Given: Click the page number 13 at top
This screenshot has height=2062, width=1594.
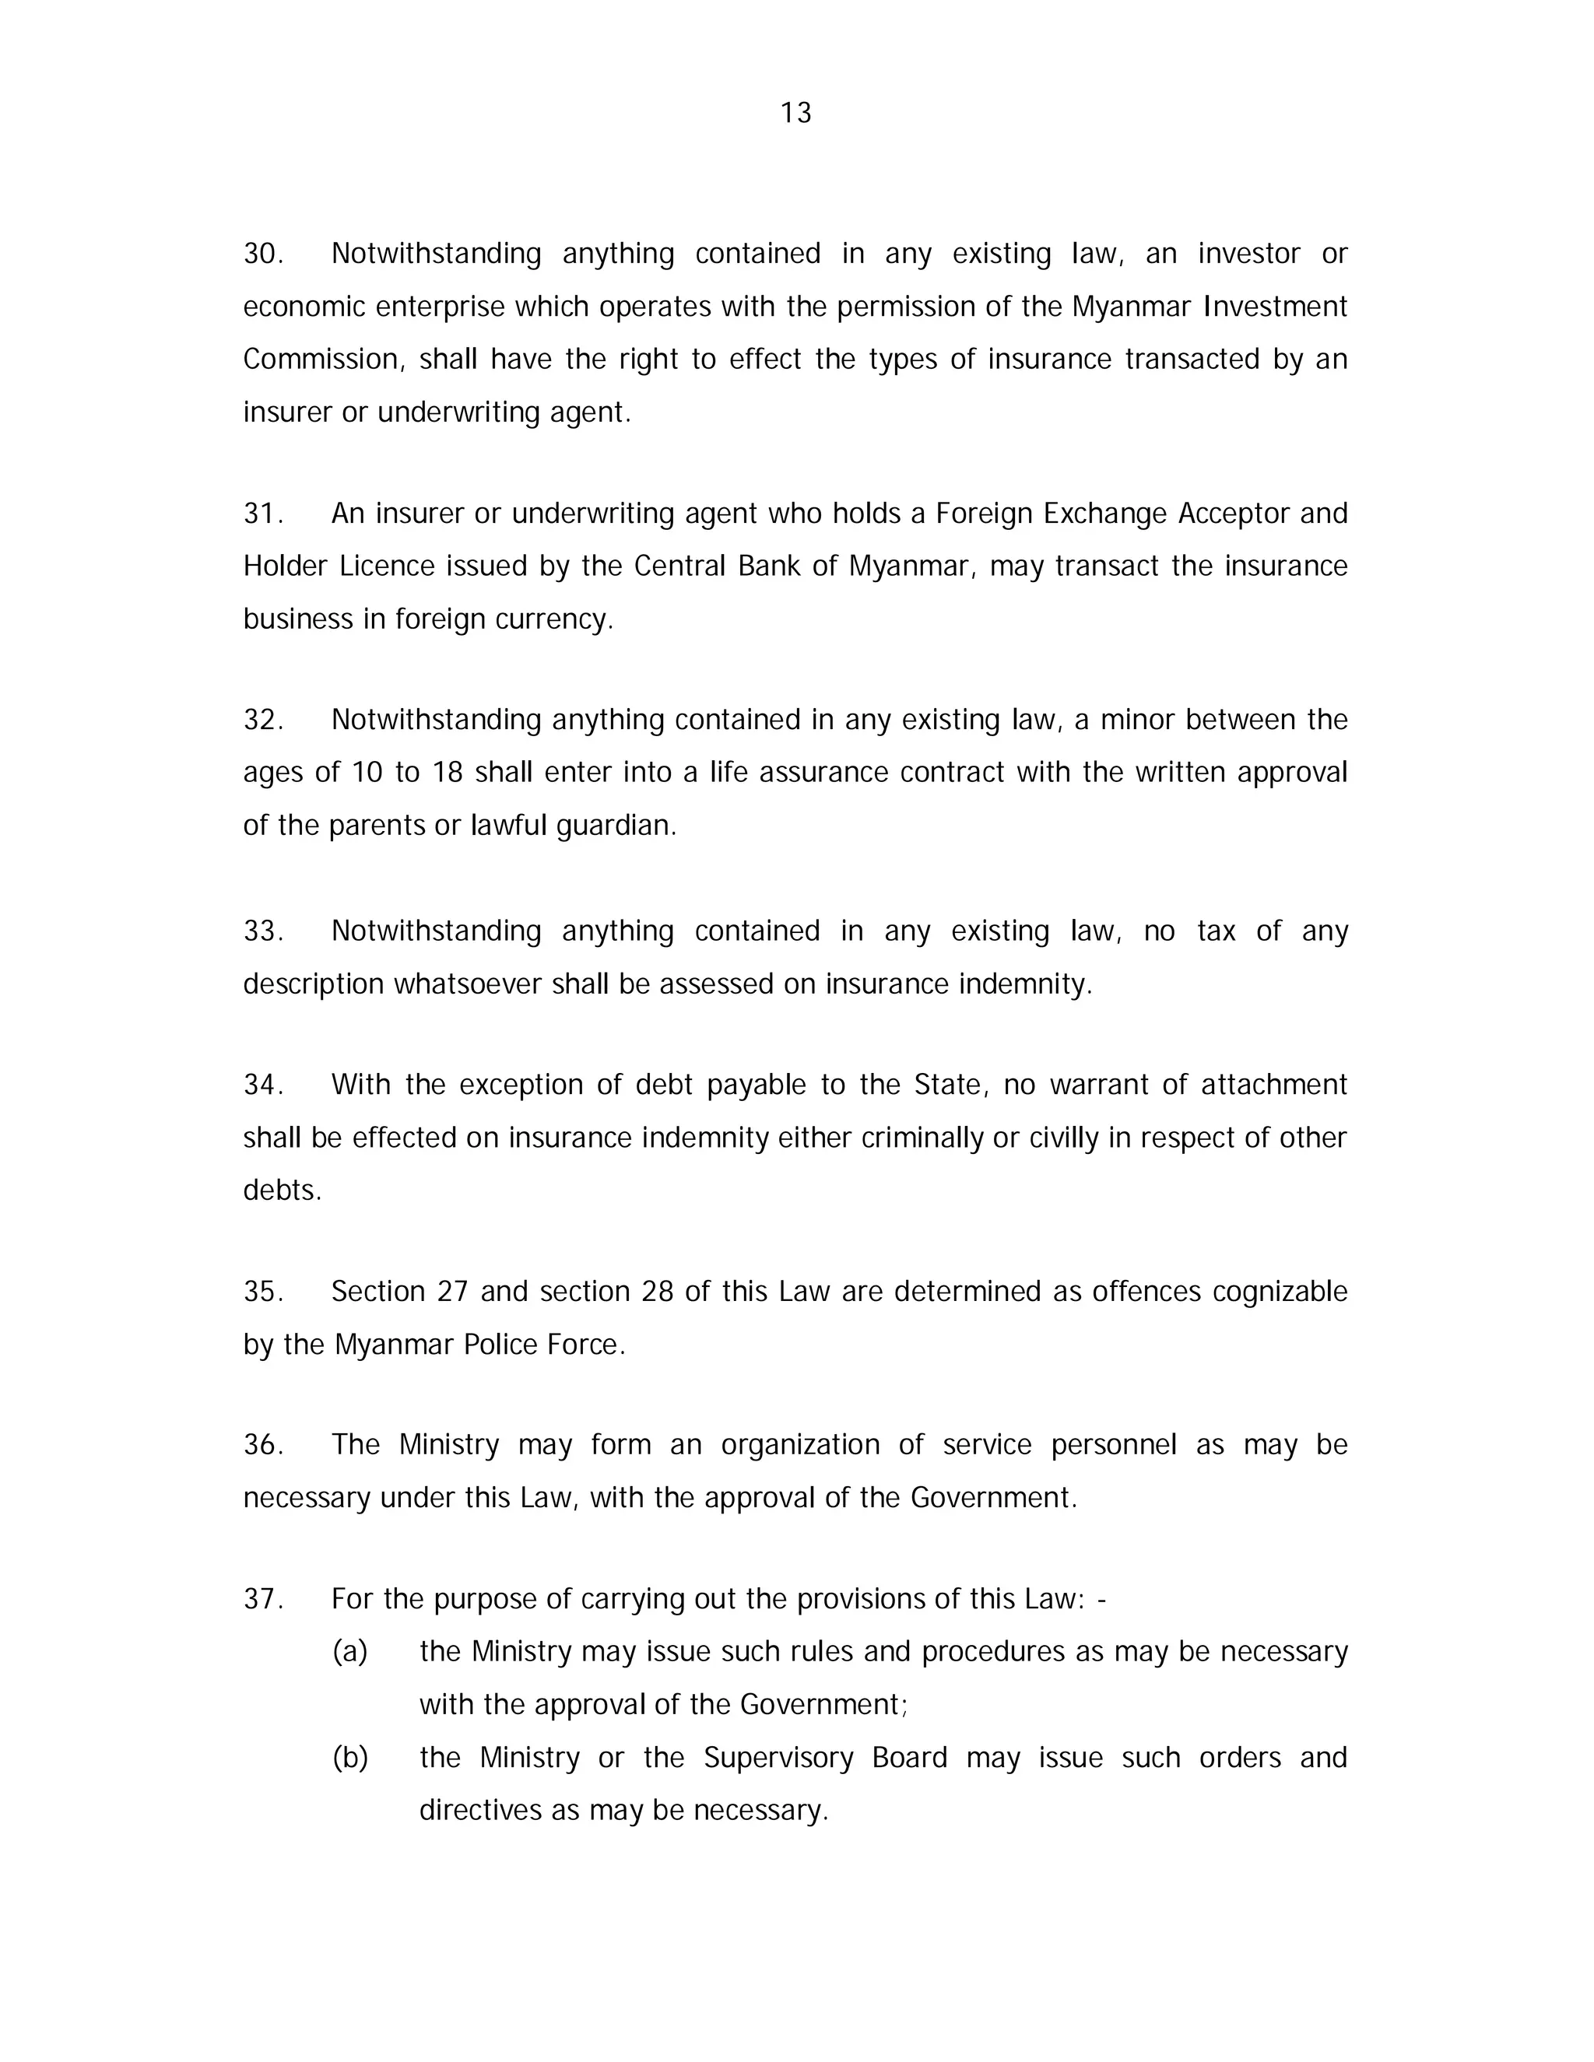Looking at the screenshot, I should tap(795, 114).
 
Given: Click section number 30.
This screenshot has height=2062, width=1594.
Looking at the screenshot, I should tap(262, 254).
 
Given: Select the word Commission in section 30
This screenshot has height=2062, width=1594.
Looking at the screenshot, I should tap(323, 359).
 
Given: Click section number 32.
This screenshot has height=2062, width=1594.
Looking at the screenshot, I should tap(262, 721).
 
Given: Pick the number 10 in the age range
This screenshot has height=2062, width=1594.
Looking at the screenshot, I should tap(367, 773).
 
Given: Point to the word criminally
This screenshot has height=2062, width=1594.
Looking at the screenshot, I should tap(922, 1138).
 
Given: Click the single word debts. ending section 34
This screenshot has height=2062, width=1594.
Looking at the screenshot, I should tap(282, 1191).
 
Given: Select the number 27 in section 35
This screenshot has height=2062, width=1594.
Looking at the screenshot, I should tap(452, 1292).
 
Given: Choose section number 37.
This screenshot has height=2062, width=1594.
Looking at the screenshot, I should tap(262, 1599).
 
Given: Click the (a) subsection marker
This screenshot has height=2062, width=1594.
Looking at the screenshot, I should tap(349, 1652).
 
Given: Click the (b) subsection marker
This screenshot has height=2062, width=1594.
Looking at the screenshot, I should tap(349, 1758).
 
